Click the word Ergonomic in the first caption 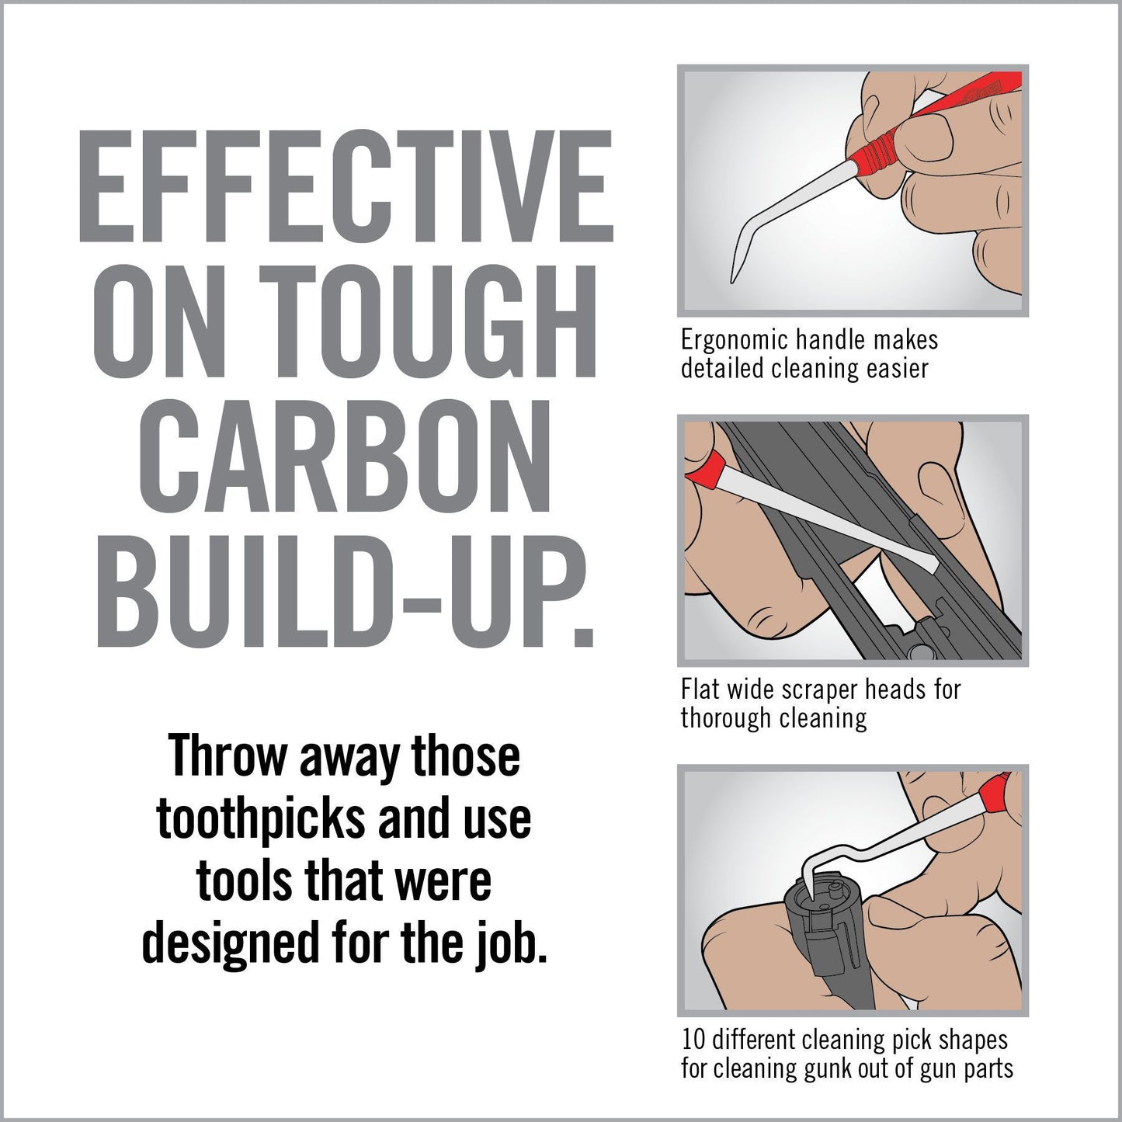(x=734, y=340)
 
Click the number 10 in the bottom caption (x=693, y=1040)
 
